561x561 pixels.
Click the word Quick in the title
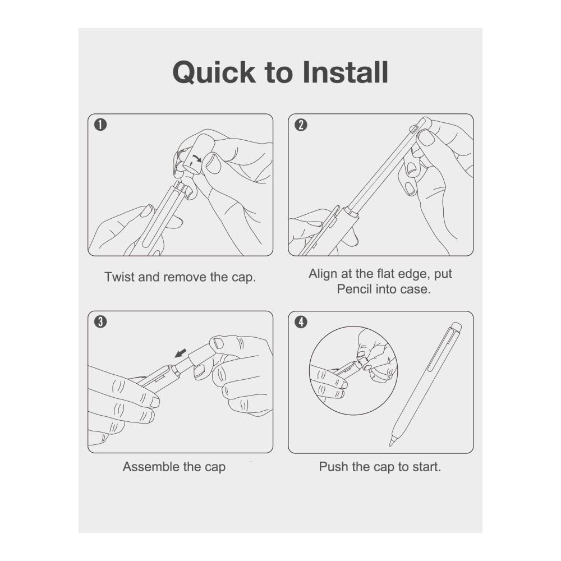pos(214,72)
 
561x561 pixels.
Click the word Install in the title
pos(345,72)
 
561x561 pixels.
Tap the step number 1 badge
pos(100,125)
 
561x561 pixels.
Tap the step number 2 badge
pos(301,125)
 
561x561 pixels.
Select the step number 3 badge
pos(100,321)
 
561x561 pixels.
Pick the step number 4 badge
pos(301,321)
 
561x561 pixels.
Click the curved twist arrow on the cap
pos(197,159)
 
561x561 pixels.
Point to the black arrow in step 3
pos(181,353)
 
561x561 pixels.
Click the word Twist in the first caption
pos(119,277)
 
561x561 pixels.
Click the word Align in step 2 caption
pos(324,274)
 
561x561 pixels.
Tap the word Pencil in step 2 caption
pos(354,289)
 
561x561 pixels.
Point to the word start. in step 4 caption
pos(426,467)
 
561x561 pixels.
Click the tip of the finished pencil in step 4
pos(390,445)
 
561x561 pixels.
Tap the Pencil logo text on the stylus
pos(415,130)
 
